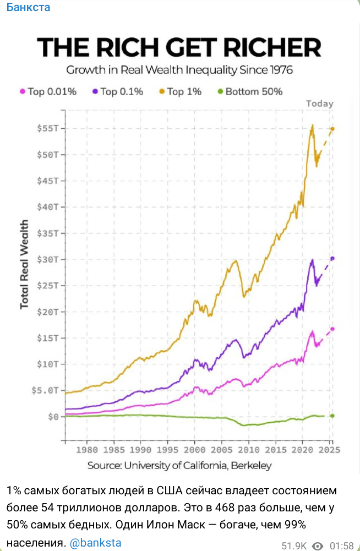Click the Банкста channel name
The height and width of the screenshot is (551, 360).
pyautogui.click(x=28, y=7)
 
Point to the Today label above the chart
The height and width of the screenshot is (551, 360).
pyautogui.click(x=319, y=103)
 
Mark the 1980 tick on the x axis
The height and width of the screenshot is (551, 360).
pyautogui.click(x=86, y=449)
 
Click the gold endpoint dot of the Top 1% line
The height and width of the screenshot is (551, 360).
pyautogui.click(x=332, y=129)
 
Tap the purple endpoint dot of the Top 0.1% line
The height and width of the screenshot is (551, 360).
pyautogui.click(x=332, y=258)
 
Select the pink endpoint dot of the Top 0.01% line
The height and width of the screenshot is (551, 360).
pyautogui.click(x=332, y=329)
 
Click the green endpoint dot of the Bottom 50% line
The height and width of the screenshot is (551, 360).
pyautogui.click(x=332, y=416)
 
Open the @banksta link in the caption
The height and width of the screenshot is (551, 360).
pyautogui.click(x=95, y=527)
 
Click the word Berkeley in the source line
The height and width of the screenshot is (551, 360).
pyautogui.click(x=252, y=466)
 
